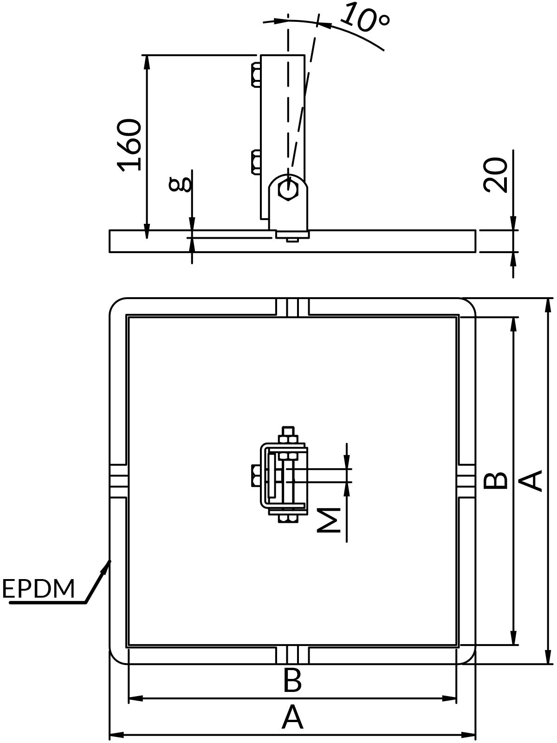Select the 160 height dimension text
[x=129, y=145]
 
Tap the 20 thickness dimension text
[x=495, y=175]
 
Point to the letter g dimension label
[x=181, y=185]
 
